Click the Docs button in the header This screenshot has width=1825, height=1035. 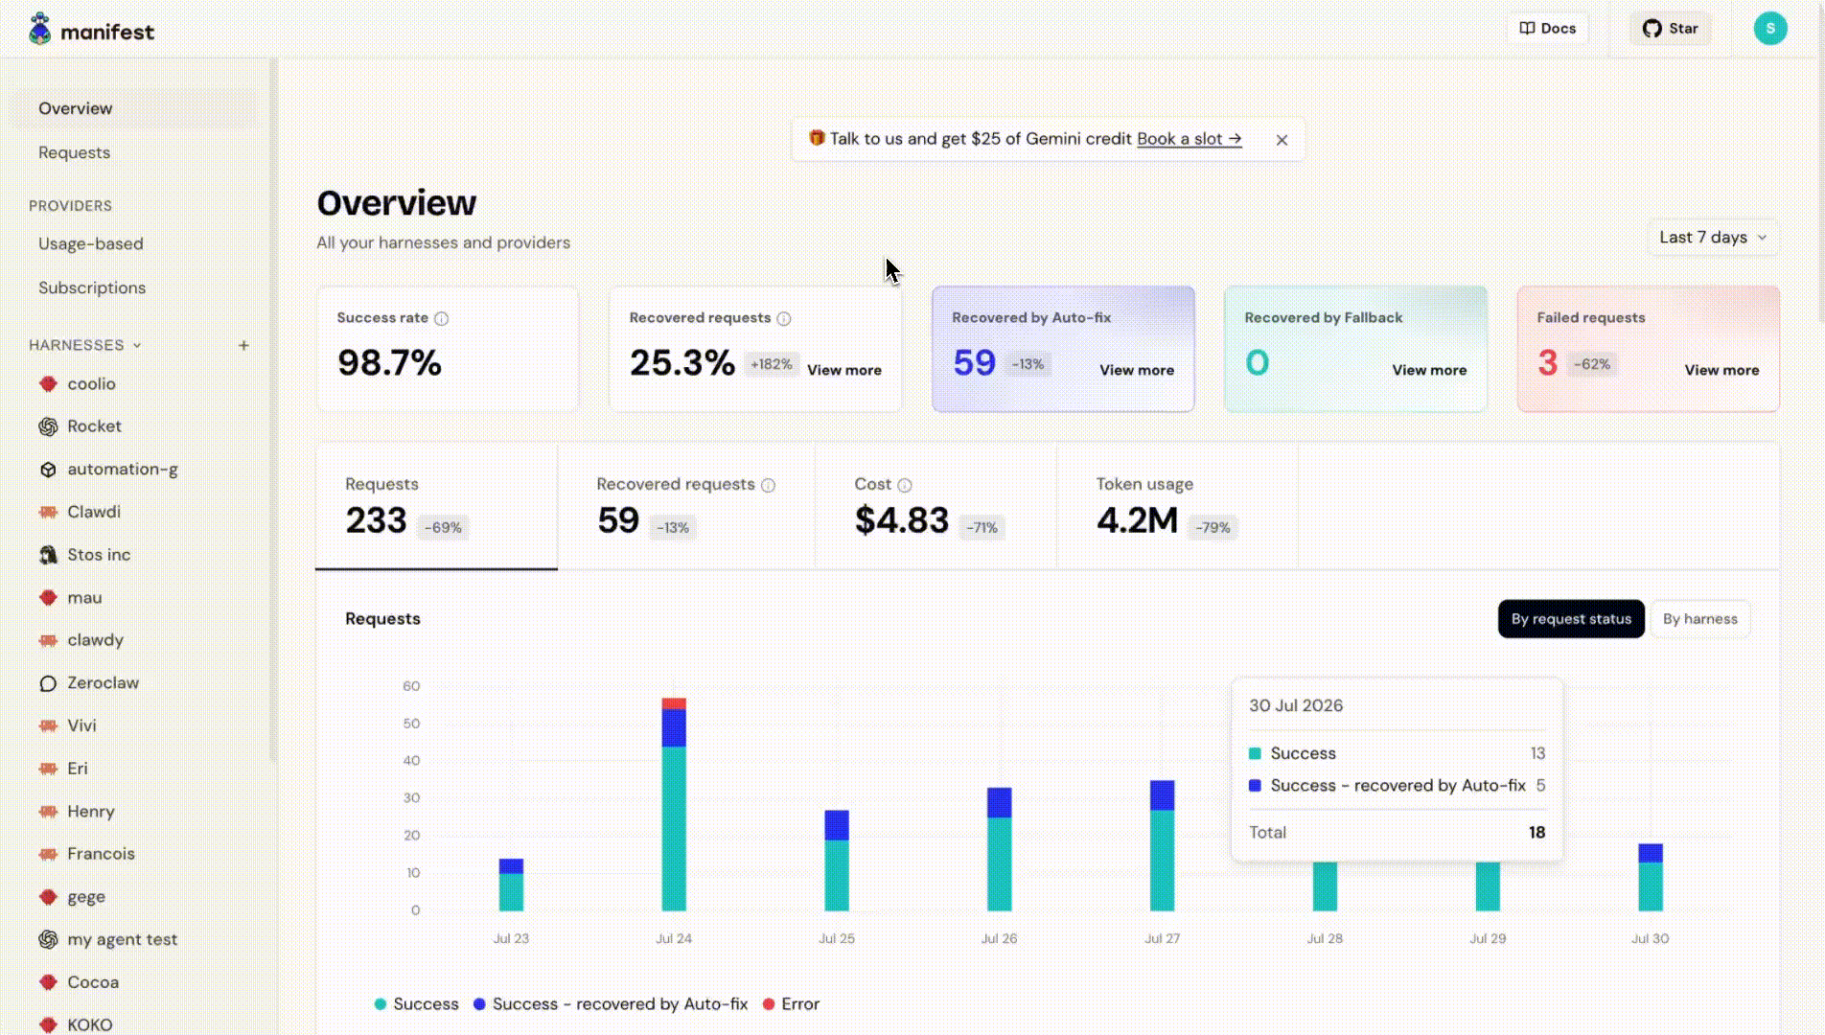click(x=1548, y=29)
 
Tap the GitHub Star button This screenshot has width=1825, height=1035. click(x=1670, y=29)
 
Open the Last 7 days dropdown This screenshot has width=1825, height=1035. click(x=1713, y=238)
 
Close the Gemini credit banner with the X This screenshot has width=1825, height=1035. click(x=1282, y=140)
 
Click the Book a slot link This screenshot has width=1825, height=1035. click(x=1190, y=139)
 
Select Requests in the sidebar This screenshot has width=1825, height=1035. click(x=75, y=152)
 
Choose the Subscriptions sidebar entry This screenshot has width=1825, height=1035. click(x=92, y=287)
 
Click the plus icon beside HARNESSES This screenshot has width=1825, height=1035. click(x=243, y=345)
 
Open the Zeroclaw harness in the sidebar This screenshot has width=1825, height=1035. click(x=103, y=683)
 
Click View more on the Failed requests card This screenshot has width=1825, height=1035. click(x=1721, y=370)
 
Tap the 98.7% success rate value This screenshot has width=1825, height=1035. click(x=389, y=362)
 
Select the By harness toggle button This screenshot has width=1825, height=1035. click(x=1699, y=619)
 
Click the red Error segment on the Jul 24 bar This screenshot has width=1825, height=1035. click(x=674, y=703)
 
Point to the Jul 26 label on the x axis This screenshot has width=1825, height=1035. click(x=999, y=938)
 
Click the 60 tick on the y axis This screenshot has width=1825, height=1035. click(x=411, y=686)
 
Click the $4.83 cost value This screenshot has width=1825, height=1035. click(x=901, y=520)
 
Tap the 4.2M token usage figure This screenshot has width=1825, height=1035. click(x=1137, y=520)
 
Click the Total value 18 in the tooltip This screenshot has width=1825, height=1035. click(x=1536, y=833)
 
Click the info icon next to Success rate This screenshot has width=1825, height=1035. click(x=441, y=318)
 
